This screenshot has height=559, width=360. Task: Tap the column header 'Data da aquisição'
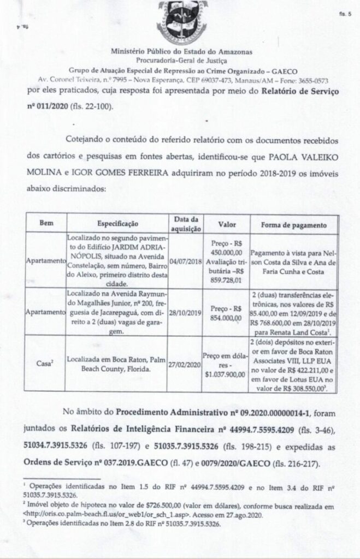coord(185,224)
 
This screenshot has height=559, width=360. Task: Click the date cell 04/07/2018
coord(185,261)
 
